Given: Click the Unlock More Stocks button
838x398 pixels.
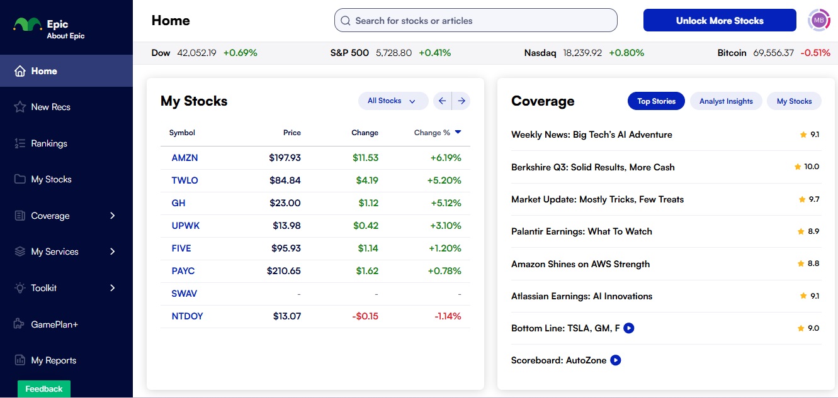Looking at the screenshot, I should [720, 21].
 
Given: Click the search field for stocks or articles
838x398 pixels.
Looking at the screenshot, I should [475, 21].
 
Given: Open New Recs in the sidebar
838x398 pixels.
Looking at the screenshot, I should [50, 107].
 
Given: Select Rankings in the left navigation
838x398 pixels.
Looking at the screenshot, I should [48, 143].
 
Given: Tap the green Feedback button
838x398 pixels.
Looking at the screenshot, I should [44, 389].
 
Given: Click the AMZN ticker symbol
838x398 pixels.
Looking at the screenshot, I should [184, 158].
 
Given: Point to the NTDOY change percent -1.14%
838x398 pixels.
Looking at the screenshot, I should [448, 316].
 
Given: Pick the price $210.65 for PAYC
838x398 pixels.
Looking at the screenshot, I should [283, 271].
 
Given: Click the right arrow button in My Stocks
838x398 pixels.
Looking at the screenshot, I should [461, 101].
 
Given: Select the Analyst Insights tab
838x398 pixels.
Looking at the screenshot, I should [726, 101].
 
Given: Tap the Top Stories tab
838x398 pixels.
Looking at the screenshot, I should [656, 101].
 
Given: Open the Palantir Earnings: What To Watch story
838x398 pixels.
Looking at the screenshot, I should [581, 231].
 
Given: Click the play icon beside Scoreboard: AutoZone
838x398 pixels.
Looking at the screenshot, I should [616, 360].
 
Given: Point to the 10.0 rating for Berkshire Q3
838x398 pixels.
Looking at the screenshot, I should [812, 167].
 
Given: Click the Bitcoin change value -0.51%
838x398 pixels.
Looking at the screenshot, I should [815, 53].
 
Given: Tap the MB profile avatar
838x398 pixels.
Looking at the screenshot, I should [819, 20].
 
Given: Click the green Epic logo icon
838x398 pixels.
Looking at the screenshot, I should [28, 25].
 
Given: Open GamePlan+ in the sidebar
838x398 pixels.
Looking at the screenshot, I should [54, 324].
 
